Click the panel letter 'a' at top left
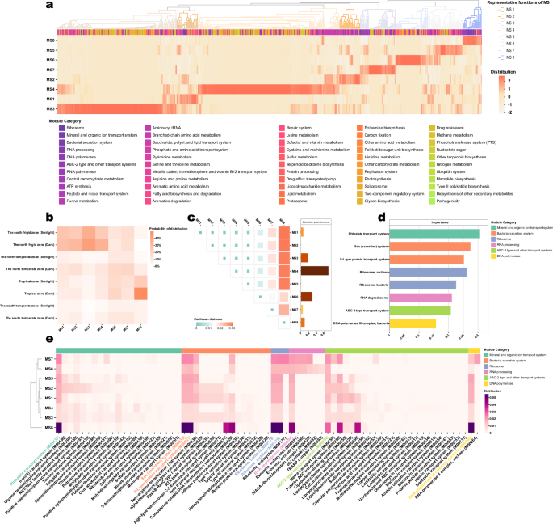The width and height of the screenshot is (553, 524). point(50,6)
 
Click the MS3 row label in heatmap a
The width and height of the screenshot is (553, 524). point(51,108)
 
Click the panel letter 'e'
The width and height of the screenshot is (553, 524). point(50,342)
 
